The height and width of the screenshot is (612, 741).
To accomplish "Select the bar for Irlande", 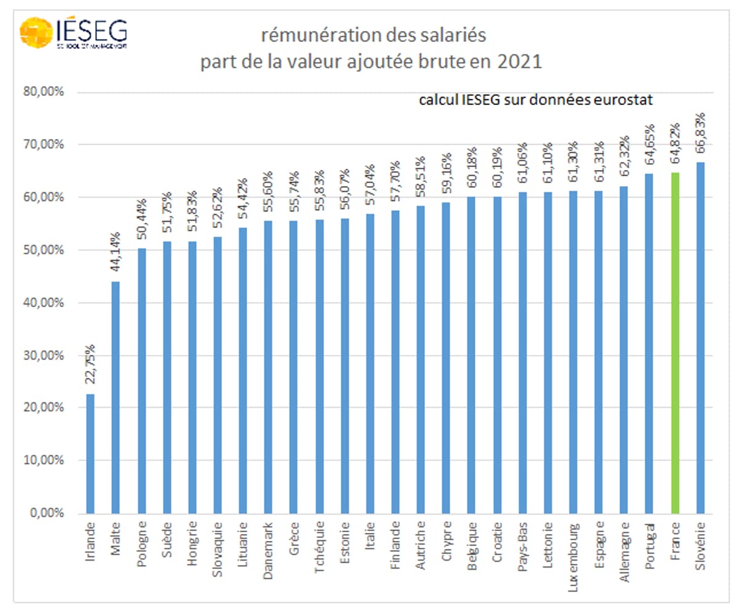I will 90,454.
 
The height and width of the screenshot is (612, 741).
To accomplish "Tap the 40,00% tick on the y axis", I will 48,303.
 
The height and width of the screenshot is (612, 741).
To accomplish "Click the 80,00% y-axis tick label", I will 48,92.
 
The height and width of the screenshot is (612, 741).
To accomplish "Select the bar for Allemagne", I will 624,350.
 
